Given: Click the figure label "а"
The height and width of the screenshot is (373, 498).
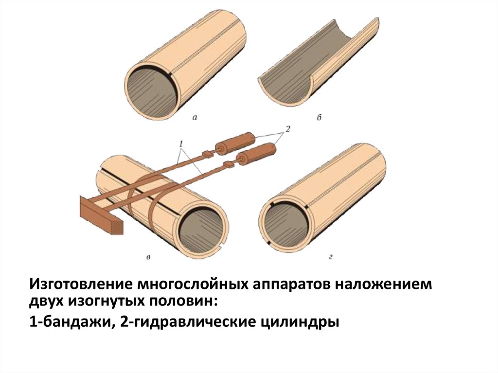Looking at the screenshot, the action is click(x=195, y=118).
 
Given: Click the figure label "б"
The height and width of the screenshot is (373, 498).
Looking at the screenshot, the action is click(x=319, y=117).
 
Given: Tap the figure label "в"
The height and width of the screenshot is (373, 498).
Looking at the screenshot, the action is click(x=148, y=257).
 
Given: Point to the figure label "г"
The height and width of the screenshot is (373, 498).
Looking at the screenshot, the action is click(x=331, y=257).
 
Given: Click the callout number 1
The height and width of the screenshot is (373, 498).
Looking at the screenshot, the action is click(x=181, y=144).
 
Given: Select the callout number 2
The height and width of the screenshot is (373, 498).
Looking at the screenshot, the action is click(x=288, y=129).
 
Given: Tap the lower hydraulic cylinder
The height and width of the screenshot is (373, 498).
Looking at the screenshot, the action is click(x=257, y=154).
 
